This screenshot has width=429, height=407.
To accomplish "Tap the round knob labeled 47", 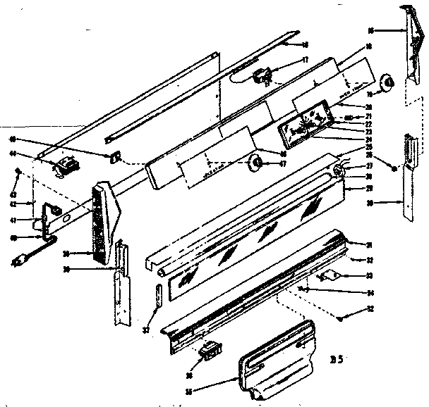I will click(254, 164).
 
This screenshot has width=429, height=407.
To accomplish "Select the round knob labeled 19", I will click(387, 84).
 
